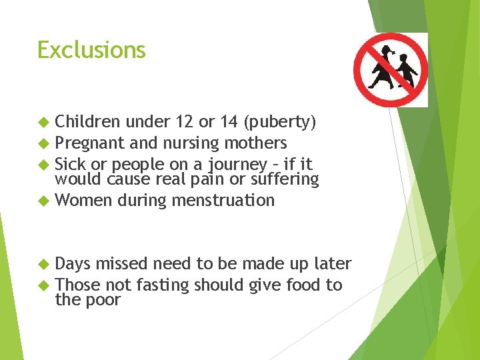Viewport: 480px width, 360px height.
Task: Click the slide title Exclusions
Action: coord(91,50)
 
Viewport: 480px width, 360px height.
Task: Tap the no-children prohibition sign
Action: coord(390,69)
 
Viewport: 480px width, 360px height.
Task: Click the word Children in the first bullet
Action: coord(87,122)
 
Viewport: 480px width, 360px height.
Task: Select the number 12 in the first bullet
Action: coord(185,122)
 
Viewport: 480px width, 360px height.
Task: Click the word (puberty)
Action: coord(280,123)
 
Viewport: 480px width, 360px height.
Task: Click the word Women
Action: coord(83,200)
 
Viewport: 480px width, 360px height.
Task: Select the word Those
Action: coord(78,285)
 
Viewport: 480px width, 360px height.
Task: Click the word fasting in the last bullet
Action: coord(163,285)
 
